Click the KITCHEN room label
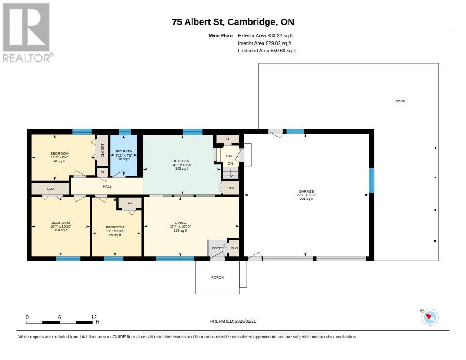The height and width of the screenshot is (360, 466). point(182,161)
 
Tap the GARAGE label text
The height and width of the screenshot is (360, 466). point(306,192)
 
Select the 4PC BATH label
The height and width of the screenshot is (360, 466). point(124,151)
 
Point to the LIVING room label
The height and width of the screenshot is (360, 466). point(180,223)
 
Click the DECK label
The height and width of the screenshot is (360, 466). point(400,101)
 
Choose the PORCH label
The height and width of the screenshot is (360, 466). point(218,277)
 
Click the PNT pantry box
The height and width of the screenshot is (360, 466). point(231,188)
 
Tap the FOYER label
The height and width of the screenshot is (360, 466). point(218,248)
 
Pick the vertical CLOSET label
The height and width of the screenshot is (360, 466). point(103,151)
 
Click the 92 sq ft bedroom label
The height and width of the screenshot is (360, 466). point(60,157)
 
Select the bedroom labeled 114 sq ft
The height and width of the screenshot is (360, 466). point(61,226)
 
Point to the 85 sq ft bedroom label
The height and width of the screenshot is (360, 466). point(115,231)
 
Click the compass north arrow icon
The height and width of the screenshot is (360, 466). point(430,317)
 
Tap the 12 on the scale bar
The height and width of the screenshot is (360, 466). point(94,317)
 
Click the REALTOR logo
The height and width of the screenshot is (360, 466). point(27,33)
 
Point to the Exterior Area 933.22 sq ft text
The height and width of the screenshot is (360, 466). point(265,35)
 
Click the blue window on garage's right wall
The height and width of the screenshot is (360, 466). point(371,180)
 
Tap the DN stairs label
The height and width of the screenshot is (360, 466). point(230,163)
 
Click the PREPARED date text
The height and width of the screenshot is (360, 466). point(233,321)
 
